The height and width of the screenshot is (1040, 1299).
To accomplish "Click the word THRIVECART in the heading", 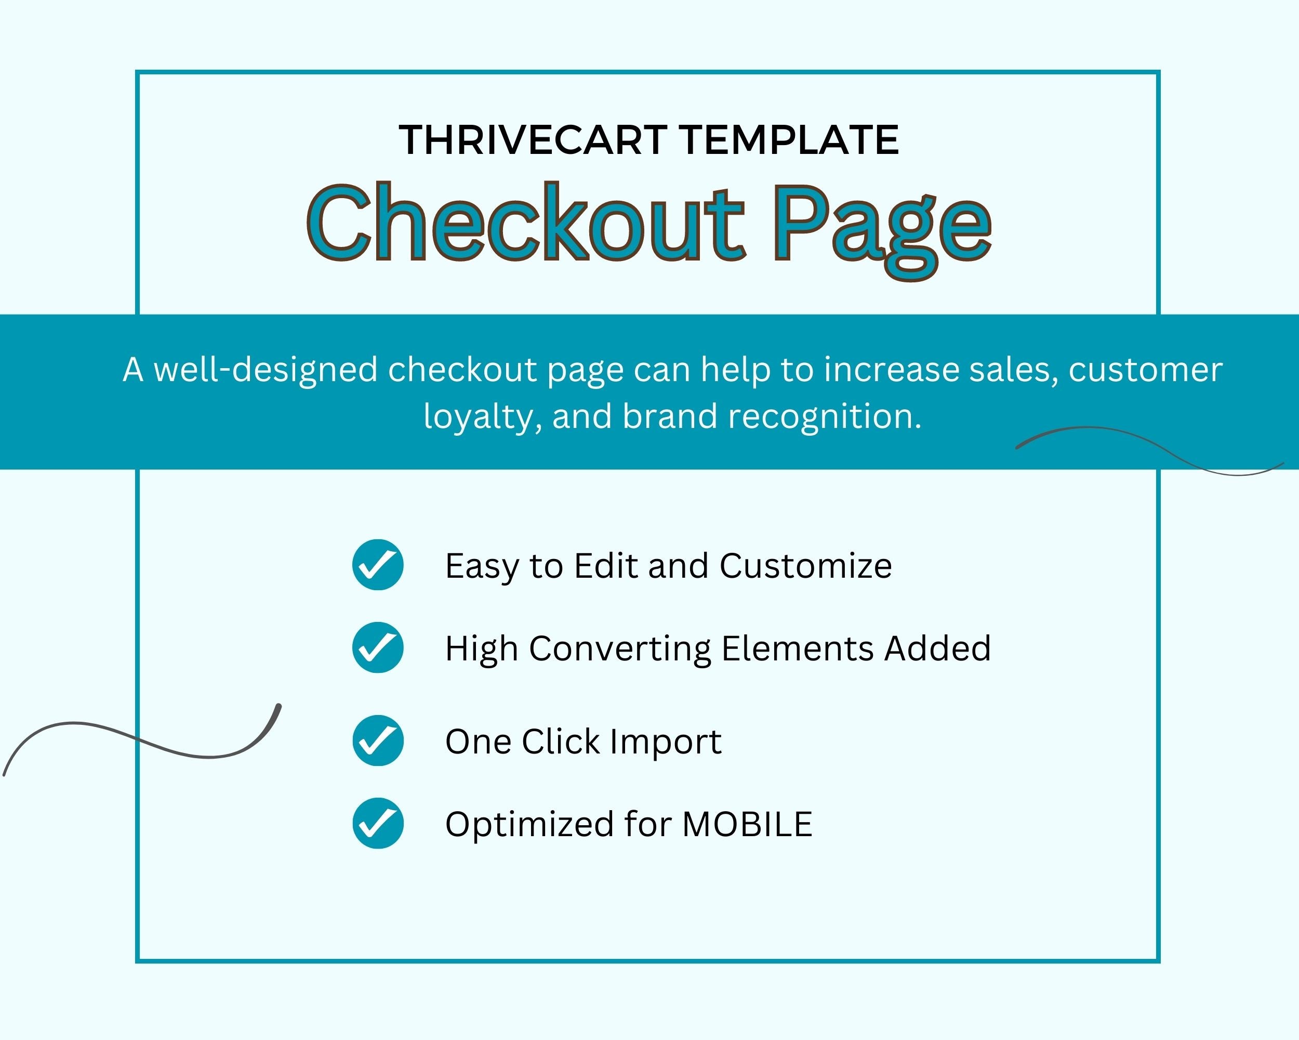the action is (533, 140).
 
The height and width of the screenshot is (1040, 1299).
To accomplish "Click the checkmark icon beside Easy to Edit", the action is (378, 564).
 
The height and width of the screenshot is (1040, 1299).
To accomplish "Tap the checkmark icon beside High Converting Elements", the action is (378, 647).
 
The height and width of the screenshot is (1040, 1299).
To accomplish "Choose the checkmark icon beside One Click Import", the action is (378, 740).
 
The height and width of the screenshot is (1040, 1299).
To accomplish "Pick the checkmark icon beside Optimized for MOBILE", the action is (378, 823).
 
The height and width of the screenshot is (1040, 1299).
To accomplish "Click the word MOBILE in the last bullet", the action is (747, 824).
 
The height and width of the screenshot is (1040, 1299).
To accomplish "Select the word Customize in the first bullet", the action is (805, 566).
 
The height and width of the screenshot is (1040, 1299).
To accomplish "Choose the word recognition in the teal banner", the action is (825, 418).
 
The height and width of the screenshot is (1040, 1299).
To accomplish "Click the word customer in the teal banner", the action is (1145, 370).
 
